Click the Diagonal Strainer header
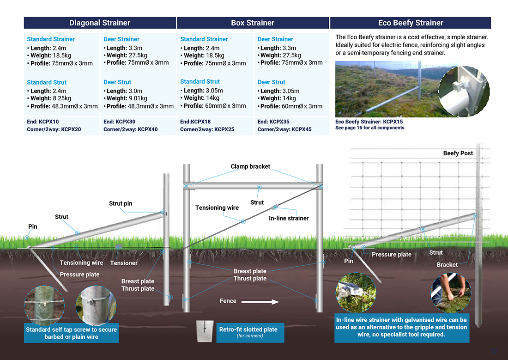click(x=100, y=23)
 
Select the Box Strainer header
click(x=253, y=23)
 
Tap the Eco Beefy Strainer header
click(x=410, y=23)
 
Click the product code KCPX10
click(x=49, y=122)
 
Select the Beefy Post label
click(x=458, y=153)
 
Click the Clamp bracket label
click(x=250, y=166)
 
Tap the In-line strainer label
click(x=289, y=218)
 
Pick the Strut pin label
click(x=121, y=203)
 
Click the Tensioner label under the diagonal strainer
click(x=124, y=263)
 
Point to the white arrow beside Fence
click(x=260, y=302)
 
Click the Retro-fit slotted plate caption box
click(x=248, y=332)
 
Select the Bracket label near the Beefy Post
click(x=447, y=265)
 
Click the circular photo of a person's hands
click(x=451, y=292)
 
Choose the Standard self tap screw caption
click(x=71, y=333)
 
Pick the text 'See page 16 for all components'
click(x=369, y=128)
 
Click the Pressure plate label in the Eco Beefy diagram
click(x=391, y=255)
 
